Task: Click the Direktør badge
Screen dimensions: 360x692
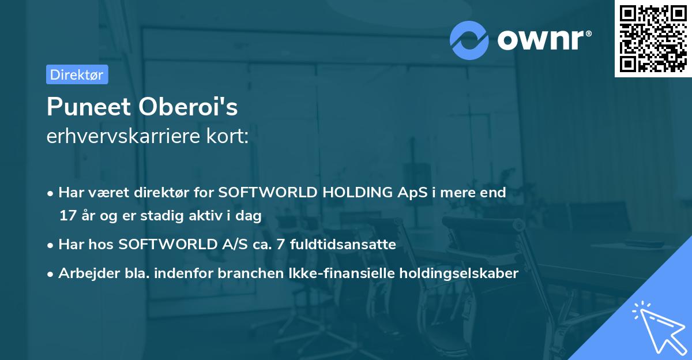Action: pyautogui.click(x=76, y=74)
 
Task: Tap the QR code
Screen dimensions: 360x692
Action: pyautogui.click(x=653, y=39)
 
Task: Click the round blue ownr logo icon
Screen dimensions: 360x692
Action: pyautogui.click(x=469, y=40)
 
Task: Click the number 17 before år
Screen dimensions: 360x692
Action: pyautogui.click(x=67, y=216)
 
